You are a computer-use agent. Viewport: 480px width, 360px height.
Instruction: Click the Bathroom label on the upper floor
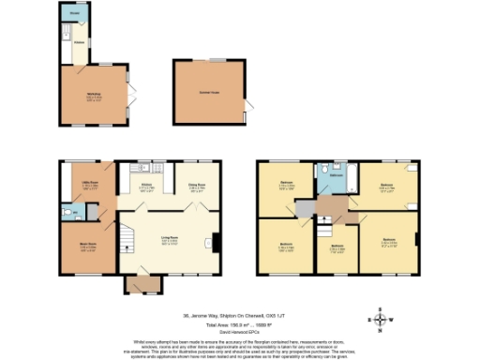(331, 174)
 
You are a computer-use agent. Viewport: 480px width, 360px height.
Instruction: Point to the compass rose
(380, 321)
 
